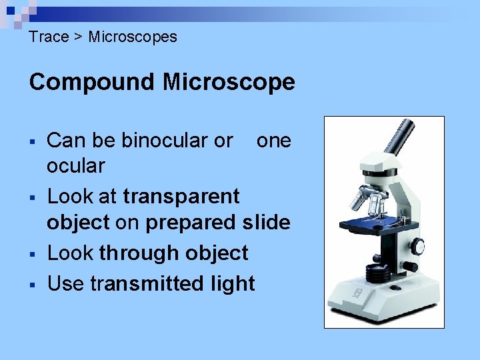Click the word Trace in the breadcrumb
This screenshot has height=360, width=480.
[x=49, y=37]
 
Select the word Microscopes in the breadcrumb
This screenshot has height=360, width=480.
[x=133, y=37]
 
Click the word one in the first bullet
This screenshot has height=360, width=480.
[x=273, y=141]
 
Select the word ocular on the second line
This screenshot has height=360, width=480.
[x=75, y=166]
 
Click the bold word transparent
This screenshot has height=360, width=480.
[x=181, y=197]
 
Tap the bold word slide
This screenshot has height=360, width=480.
[x=266, y=223]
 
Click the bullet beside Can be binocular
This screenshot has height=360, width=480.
[x=32, y=141]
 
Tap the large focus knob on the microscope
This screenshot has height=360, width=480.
[x=417, y=247]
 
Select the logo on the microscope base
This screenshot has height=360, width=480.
[x=357, y=291]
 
